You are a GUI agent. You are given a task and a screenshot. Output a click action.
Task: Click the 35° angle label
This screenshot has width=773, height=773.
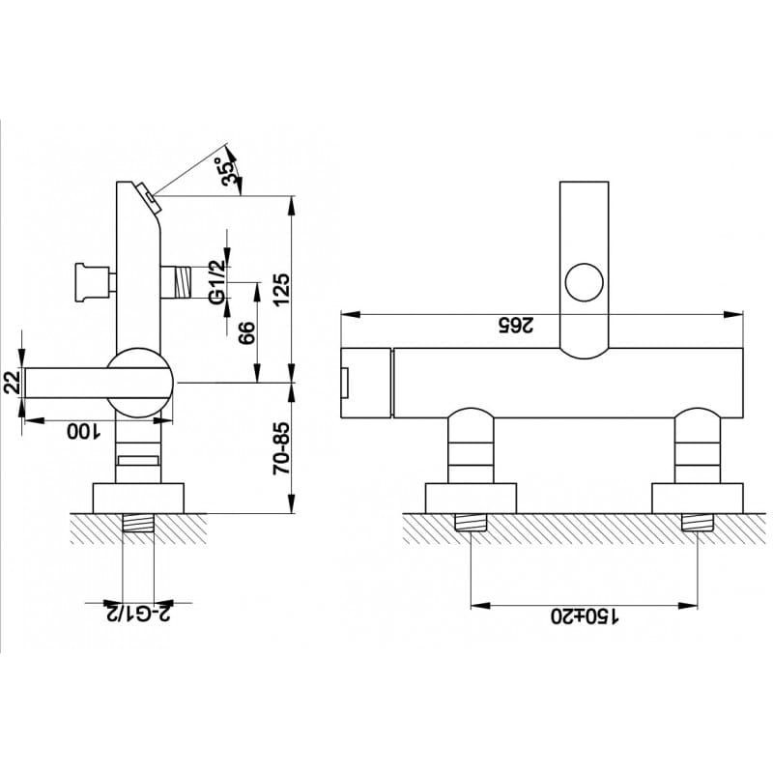click(229, 171)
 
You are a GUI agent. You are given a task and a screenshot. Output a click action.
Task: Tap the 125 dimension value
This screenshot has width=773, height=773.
click(281, 289)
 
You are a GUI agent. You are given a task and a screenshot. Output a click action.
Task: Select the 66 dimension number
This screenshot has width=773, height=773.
click(246, 332)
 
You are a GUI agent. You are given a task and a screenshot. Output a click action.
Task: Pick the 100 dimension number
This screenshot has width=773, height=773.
click(83, 432)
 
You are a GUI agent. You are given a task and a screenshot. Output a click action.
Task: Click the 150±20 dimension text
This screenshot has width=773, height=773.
click(585, 616)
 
